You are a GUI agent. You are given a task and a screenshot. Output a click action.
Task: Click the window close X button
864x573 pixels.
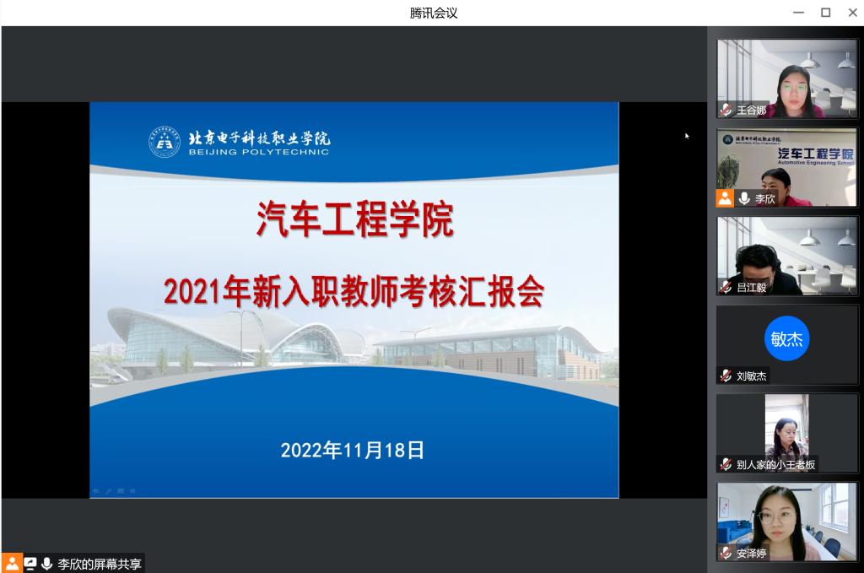coord(852,12)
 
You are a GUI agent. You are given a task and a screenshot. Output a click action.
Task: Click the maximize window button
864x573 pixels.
coord(825,12)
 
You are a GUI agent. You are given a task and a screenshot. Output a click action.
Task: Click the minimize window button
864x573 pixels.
coord(798,12)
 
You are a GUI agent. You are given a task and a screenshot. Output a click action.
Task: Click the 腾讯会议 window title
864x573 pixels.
coord(434,13)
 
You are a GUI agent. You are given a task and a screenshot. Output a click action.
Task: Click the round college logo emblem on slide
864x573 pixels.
coord(165,142)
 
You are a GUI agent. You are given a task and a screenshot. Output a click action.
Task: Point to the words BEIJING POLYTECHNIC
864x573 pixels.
coord(259,152)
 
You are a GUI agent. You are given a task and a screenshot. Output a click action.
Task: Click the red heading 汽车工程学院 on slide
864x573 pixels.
coord(355,219)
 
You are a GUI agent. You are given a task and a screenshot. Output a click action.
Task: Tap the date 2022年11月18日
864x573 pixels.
coord(353,450)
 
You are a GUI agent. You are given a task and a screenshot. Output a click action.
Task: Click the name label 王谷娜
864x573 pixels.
coord(752,111)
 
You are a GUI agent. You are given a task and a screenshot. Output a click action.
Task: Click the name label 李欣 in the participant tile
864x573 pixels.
coord(764,198)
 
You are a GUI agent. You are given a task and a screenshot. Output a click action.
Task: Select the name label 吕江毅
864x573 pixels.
coord(752,287)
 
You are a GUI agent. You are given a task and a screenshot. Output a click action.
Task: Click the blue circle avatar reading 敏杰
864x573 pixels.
coord(787,338)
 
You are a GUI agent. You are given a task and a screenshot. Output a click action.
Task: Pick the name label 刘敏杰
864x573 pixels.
coord(752,376)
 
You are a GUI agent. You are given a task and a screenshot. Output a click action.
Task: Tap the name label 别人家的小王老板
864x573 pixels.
coord(776,464)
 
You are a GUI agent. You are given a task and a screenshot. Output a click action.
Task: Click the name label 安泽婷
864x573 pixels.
coord(752,553)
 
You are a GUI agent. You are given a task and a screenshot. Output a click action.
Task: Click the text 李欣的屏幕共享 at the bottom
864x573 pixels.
coord(100,564)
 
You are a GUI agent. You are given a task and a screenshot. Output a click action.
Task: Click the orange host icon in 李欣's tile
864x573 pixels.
coord(725,198)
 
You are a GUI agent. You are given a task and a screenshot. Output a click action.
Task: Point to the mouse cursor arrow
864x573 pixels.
coord(687,136)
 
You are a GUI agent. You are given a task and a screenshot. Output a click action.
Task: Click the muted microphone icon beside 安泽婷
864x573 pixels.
coord(726,553)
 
